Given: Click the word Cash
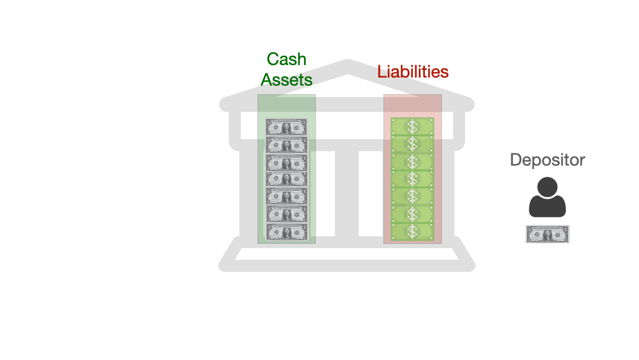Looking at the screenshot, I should [x=286, y=59].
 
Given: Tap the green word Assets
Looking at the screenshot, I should [x=286, y=79].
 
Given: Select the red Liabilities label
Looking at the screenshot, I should [x=413, y=72].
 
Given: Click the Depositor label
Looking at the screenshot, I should [x=547, y=160].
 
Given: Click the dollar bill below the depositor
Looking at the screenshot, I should [x=547, y=234].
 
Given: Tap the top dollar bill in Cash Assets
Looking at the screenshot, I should [x=286, y=127].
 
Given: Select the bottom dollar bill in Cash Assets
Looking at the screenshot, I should [x=286, y=232].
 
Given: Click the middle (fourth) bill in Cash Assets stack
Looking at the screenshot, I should [x=286, y=179].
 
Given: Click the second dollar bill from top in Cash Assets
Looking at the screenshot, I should [x=286, y=145].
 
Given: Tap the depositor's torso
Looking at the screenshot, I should [x=547, y=207].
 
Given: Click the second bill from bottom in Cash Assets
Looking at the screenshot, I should [x=286, y=214].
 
